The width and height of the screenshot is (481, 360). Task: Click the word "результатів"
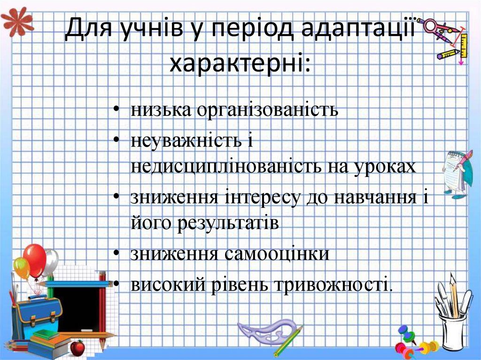point(228,223)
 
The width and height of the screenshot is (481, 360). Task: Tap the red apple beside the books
point(77,348)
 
